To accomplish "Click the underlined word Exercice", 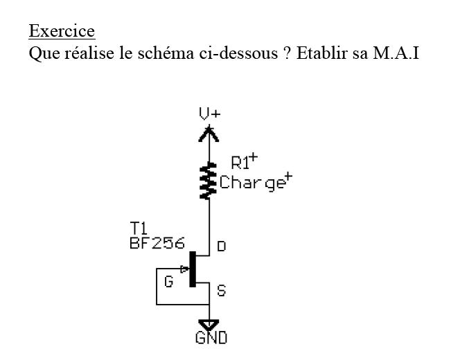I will [61, 32].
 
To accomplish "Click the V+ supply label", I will [209, 114].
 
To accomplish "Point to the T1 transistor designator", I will [139, 228].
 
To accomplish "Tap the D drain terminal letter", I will [222, 246].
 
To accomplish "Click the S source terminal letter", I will [222, 291].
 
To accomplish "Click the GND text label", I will [211, 339].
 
